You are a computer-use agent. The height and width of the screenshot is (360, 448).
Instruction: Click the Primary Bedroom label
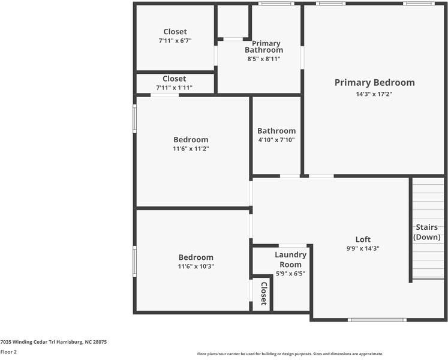374,83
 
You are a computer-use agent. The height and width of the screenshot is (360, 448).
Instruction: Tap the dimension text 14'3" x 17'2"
374,94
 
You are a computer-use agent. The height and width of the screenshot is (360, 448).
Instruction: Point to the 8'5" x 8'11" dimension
264,59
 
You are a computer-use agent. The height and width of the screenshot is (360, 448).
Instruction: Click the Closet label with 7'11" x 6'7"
175,32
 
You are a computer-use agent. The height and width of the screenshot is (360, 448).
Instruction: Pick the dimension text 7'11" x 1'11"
175,88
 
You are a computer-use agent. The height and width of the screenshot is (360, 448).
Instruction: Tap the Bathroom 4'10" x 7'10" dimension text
276,140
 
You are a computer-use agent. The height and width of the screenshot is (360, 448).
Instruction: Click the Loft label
363,239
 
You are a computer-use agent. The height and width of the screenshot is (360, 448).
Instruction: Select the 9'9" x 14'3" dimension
363,248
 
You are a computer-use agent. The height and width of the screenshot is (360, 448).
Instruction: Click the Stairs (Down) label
427,232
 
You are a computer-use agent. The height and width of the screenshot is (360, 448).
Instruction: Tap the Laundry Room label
291,259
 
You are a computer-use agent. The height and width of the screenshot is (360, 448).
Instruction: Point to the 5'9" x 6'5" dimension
291,274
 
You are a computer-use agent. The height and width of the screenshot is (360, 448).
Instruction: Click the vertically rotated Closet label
263,293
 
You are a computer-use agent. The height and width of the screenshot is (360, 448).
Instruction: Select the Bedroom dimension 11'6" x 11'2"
191,149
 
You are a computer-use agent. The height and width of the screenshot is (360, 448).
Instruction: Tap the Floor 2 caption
8,352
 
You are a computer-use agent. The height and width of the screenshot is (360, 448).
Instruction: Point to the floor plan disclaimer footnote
290,354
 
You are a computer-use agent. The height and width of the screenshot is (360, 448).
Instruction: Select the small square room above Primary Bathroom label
233,22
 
